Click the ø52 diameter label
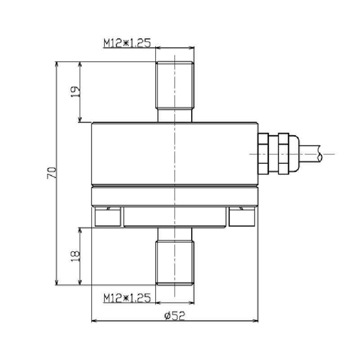point(175,316)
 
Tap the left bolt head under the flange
point(108,217)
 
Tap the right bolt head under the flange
point(242,217)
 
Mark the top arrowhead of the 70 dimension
point(57,64)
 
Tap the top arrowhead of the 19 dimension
point(81,64)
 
